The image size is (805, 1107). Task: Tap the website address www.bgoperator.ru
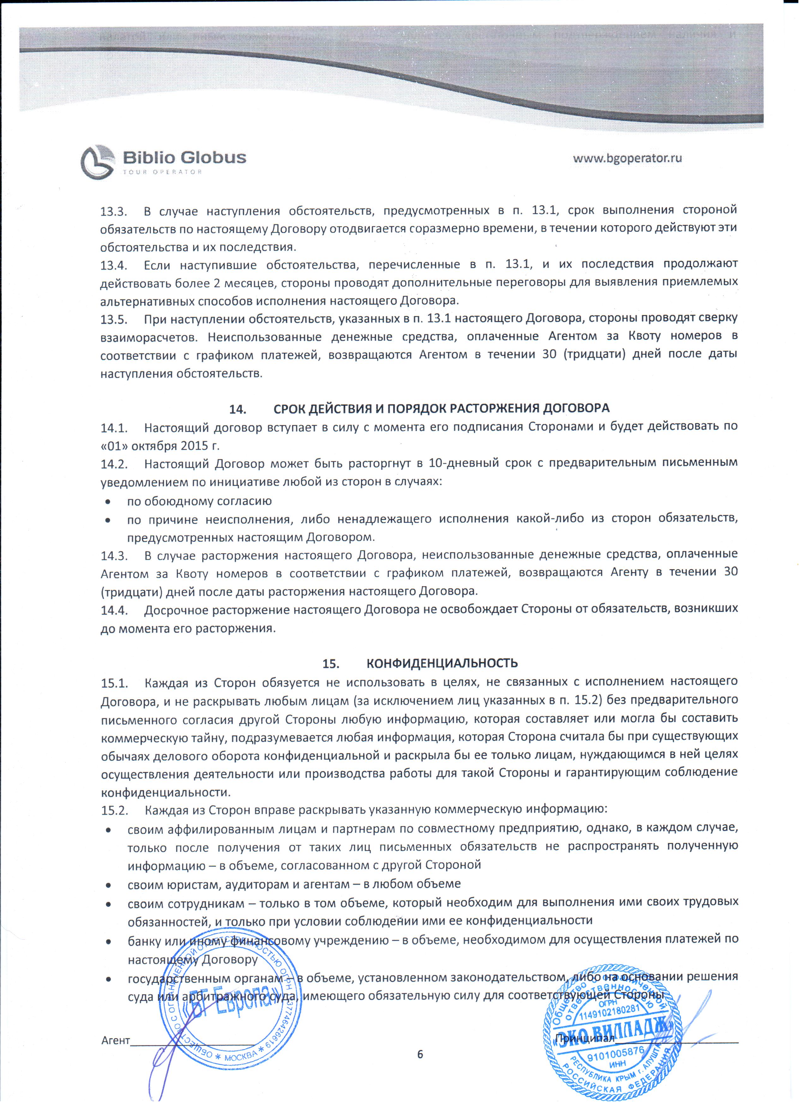tap(627, 158)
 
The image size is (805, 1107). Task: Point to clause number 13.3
tap(114, 211)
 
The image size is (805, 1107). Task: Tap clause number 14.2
tap(114, 463)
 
